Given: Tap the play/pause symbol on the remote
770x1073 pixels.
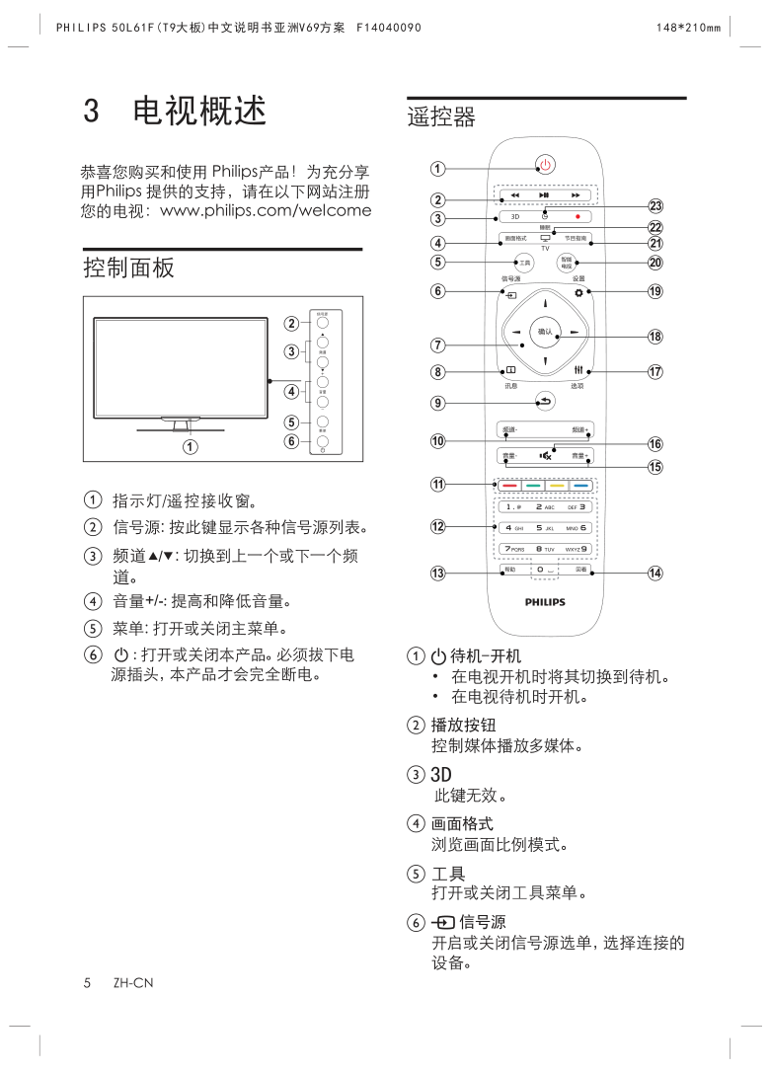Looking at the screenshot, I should [544, 195].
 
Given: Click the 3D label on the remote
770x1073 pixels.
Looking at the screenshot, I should [515, 216].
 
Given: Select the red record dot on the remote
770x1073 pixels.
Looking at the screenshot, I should [577, 216].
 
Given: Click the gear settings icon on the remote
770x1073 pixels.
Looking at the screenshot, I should [578, 293].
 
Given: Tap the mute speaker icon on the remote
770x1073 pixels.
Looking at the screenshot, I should [545, 456].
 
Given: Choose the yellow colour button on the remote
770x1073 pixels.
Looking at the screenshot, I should [556, 486].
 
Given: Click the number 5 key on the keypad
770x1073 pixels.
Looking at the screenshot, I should [538, 528].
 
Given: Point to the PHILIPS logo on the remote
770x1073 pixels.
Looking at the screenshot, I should [544, 601].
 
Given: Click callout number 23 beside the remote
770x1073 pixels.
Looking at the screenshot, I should [654, 206].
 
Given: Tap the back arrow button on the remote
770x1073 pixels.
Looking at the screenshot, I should [544, 400].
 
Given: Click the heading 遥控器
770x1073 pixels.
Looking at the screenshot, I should [441, 118].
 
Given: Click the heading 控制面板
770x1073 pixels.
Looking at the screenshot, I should [115, 268].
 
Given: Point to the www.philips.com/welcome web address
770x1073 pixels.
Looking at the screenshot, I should [266, 210].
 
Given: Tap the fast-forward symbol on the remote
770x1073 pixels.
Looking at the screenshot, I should [577, 195].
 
